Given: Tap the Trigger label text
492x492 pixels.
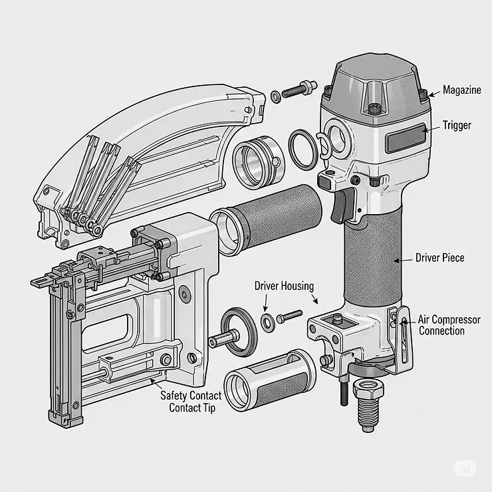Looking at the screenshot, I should [x=457, y=125].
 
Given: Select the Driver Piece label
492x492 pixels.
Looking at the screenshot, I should [x=439, y=257].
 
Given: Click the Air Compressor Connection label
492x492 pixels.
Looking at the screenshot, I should [x=449, y=325].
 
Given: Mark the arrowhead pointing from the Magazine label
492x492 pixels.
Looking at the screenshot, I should [x=431, y=94].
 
